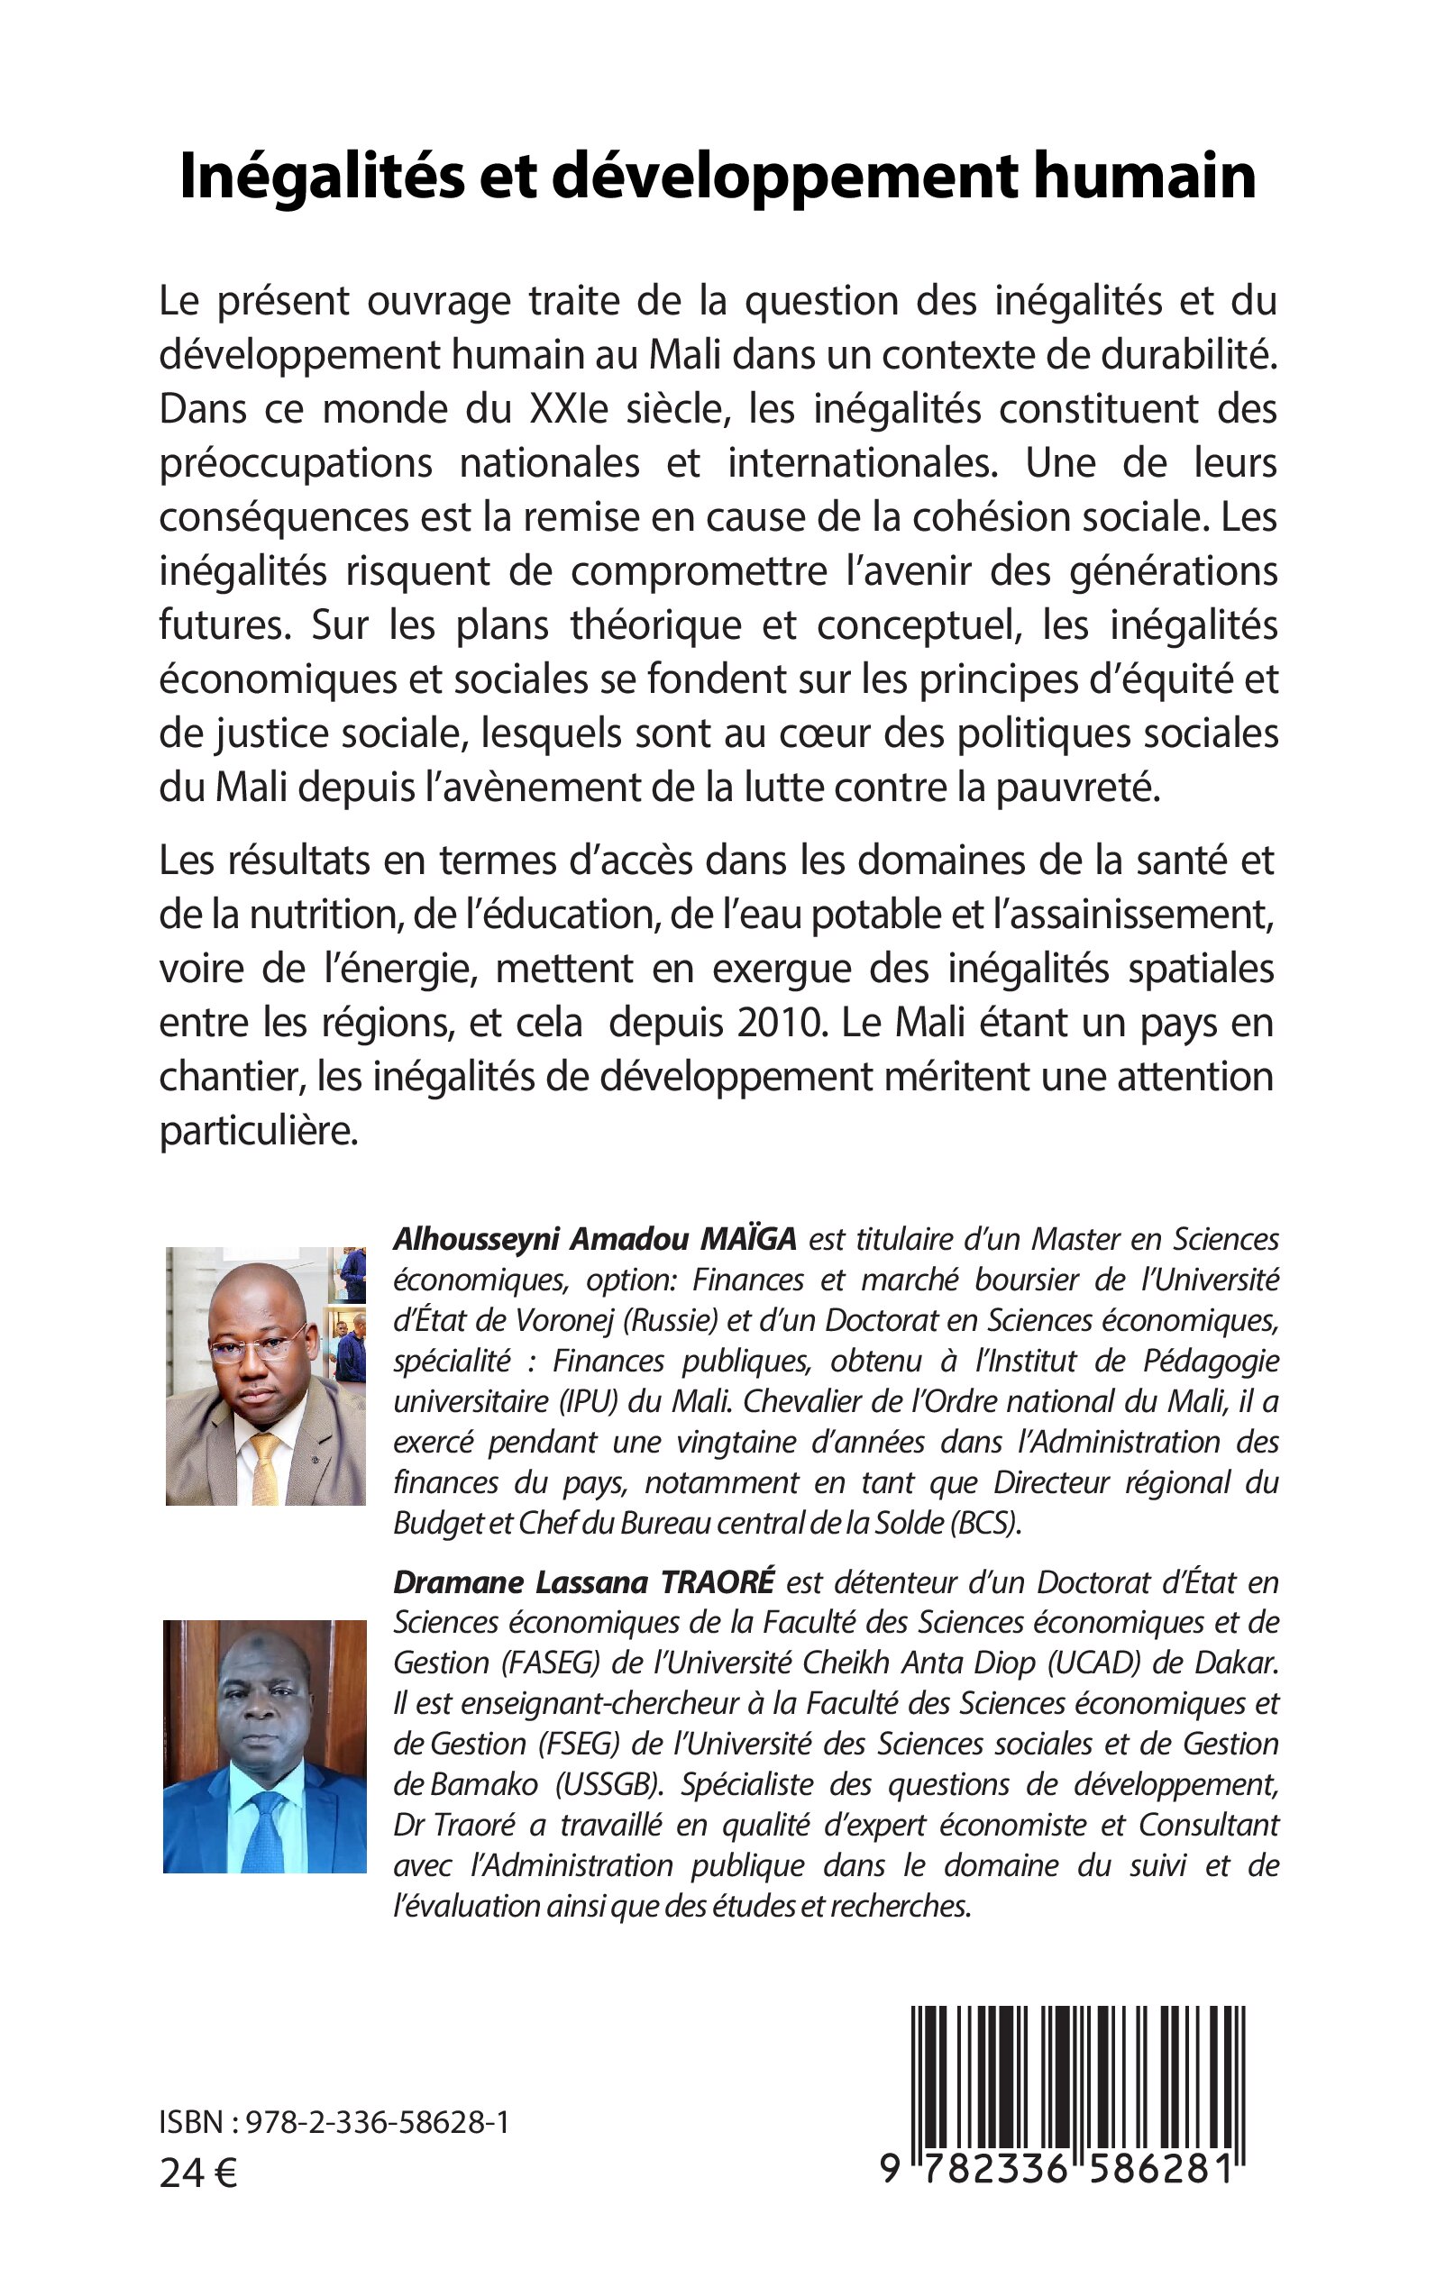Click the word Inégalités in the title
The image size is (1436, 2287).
tap(321, 178)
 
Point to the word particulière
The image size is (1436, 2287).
tap(259, 1132)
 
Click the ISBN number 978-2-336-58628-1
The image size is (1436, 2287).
tap(377, 2123)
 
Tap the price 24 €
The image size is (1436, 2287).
tap(198, 2173)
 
